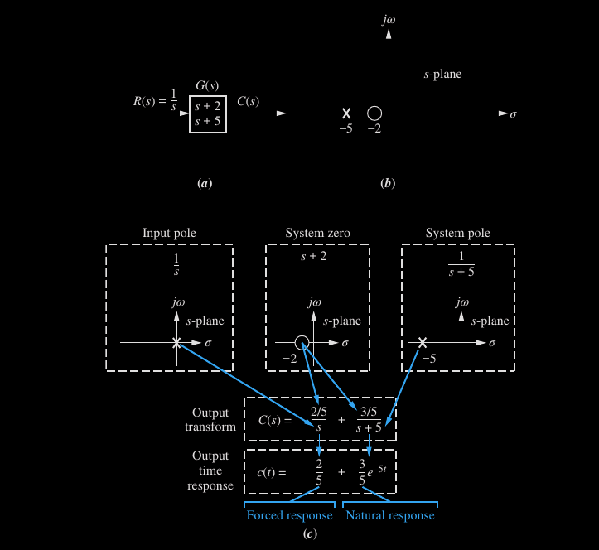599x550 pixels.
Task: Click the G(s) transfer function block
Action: tap(207, 113)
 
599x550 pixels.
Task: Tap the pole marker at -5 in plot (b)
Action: tap(346, 113)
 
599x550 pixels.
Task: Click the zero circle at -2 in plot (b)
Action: tap(374, 113)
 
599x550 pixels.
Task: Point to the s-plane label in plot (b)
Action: tap(442, 75)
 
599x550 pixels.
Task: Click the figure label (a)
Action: tap(205, 183)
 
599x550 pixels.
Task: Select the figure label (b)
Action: tap(387, 183)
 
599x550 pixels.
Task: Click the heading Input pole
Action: tap(170, 234)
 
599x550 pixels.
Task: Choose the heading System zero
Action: tap(318, 234)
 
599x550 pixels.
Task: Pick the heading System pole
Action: tap(458, 234)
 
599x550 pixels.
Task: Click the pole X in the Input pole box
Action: tap(176, 342)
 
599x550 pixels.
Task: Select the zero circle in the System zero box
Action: tap(302, 342)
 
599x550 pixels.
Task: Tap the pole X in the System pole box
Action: tap(423, 342)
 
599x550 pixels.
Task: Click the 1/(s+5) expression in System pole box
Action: tap(458, 264)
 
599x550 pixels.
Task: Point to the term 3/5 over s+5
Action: tap(369, 419)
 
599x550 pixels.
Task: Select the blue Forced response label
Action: tap(289, 515)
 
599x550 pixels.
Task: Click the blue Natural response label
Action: tap(389, 515)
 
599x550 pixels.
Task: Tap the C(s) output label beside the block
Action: tap(248, 102)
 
